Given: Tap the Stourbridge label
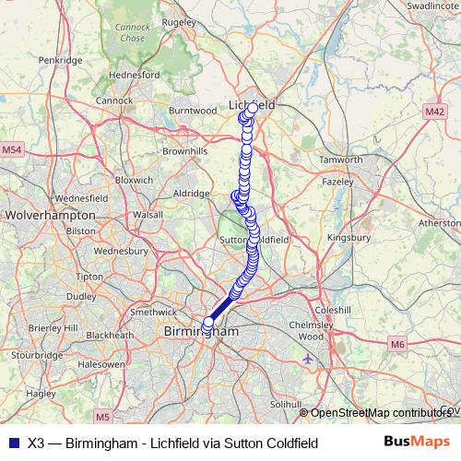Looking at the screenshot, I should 37,353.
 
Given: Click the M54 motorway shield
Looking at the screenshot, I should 12,149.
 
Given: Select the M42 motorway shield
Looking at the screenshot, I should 435,111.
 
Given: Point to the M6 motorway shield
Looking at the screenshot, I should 397,345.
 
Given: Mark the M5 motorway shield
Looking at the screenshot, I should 101,417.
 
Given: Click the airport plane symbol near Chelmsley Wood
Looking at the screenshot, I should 307,359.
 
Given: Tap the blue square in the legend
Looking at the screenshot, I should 12,443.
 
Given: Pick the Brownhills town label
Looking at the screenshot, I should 184,150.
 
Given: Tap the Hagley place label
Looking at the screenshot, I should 41,393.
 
